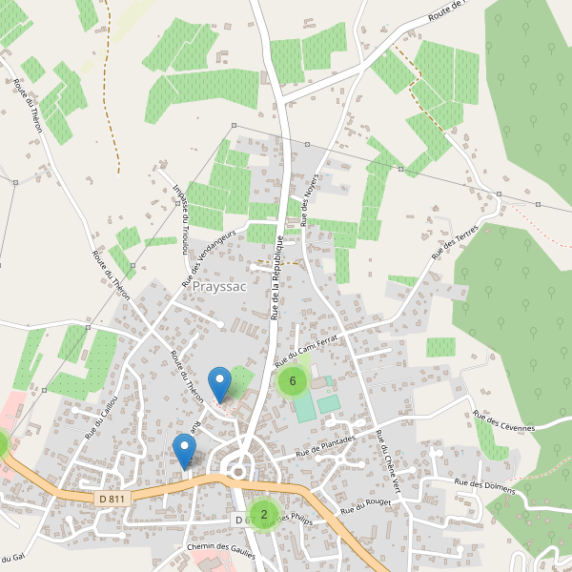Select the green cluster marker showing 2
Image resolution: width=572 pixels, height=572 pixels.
pos(264,514)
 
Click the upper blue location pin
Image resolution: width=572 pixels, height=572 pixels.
pos(220,382)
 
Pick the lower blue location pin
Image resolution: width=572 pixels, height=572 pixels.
pos(184,450)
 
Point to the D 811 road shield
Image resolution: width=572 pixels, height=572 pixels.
pos(112,499)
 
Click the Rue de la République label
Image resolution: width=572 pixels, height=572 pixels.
pos(275,276)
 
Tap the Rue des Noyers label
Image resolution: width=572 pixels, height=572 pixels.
pos(307,201)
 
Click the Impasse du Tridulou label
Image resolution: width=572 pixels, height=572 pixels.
pos(179,217)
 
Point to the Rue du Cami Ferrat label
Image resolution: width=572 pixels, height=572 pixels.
pos(306,352)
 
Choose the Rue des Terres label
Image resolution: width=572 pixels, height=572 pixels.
pos(455,237)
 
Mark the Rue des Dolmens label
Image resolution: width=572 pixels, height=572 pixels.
pos(485,486)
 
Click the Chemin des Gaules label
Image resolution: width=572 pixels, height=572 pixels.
pos(222,551)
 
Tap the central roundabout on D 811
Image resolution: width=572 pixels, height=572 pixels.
pos(239,467)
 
